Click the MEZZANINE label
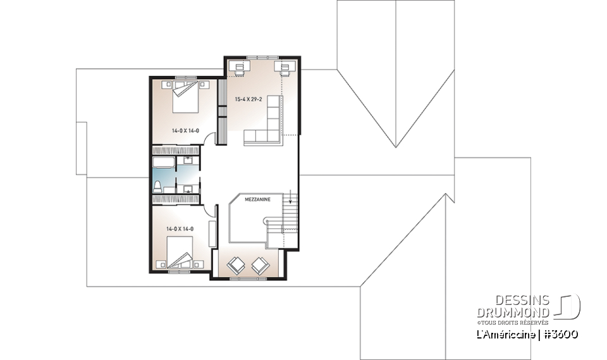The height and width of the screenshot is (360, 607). (x=259, y=199)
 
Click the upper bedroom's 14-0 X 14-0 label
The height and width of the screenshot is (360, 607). (x=185, y=131)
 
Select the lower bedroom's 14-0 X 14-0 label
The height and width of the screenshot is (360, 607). (x=180, y=228)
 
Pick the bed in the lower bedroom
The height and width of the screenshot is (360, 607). (x=180, y=252)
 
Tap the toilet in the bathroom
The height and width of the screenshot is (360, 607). (x=158, y=185)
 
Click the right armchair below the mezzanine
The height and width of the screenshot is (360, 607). (x=260, y=265)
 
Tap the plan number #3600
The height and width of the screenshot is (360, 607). (x=561, y=334)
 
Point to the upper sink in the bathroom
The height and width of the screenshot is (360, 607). (x=188, y=161)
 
